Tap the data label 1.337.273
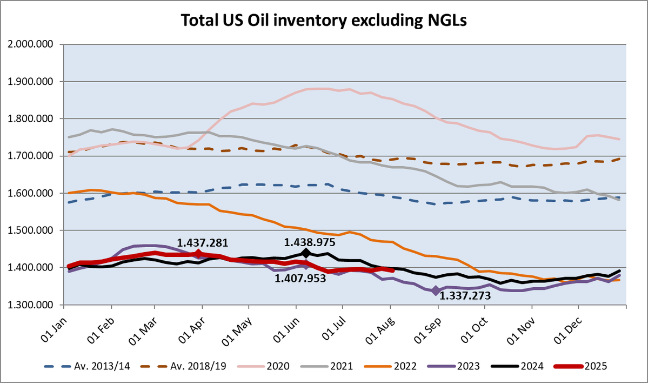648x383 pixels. coord(466,295)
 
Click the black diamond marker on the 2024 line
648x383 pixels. coord(306,253)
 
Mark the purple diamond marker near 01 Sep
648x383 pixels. coord(436,291)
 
